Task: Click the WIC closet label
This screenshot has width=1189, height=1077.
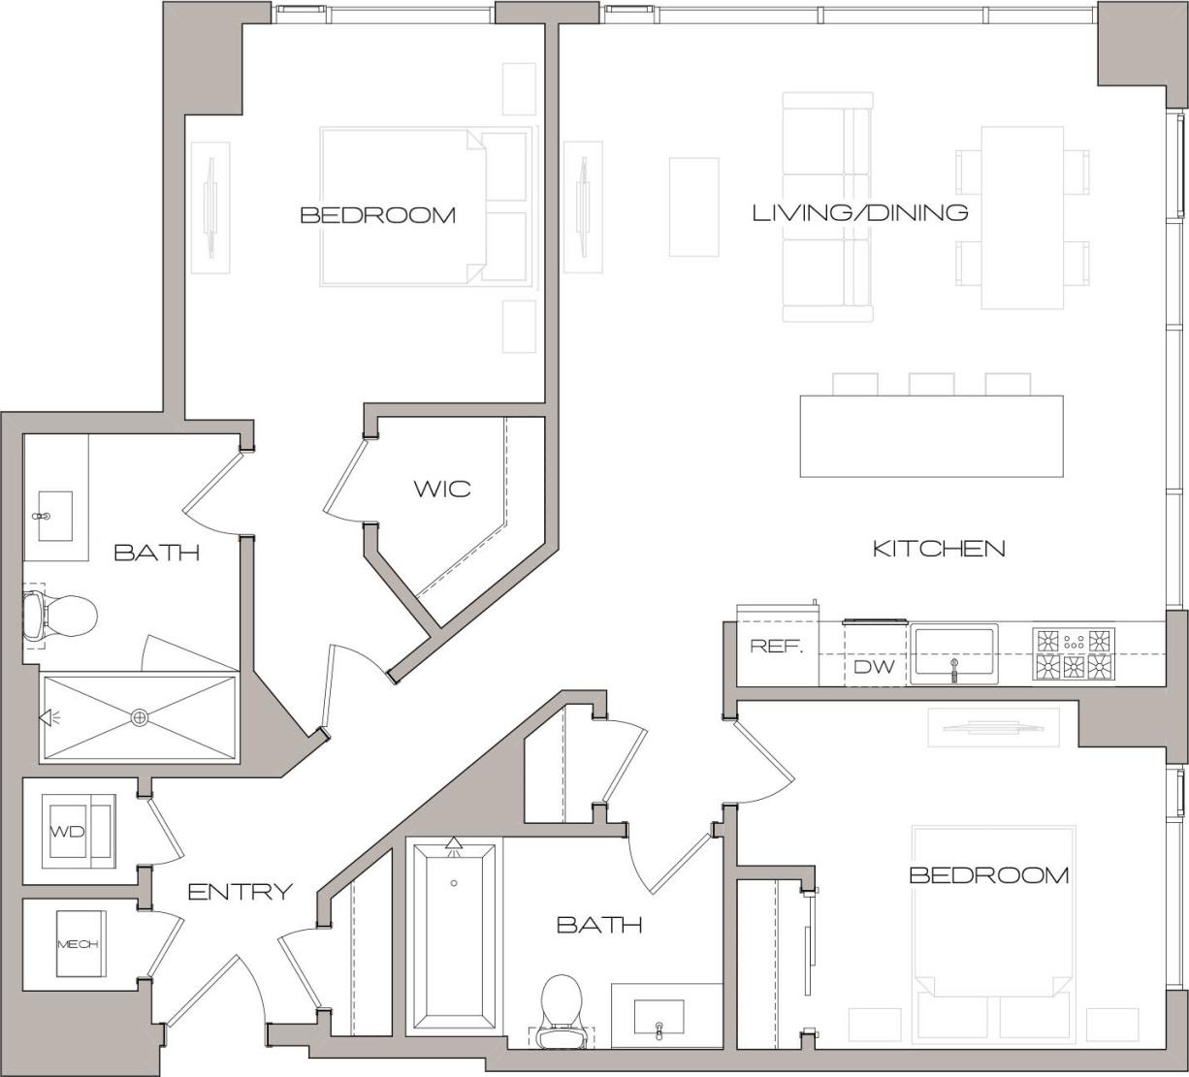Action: tap(442, 489)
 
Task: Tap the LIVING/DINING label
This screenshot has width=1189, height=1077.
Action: tap(860, 212)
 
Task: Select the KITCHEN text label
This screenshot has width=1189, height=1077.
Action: tap(939, 549)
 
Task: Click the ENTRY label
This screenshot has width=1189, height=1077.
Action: tap(240, 892)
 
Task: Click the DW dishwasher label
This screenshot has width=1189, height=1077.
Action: tap(873, 667)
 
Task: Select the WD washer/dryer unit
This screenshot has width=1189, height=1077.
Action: tap(79, 831)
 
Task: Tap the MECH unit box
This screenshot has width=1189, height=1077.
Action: tap(79, 944)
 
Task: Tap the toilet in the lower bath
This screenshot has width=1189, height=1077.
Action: tap(561, 1010)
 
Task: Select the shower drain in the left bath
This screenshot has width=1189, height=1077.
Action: tap(140, 717)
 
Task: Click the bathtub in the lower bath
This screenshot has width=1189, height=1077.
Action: tap(454, 935)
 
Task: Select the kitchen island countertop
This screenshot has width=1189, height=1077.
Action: tap(931, 436)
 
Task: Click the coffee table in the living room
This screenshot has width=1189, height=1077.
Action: tap(693, 206)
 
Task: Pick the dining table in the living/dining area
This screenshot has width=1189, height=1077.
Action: tap(1022, 217)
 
